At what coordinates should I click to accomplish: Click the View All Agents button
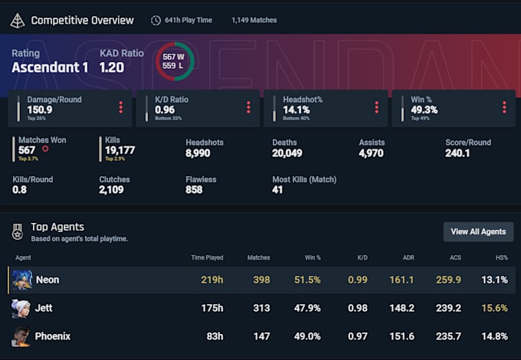(x=478, y=231)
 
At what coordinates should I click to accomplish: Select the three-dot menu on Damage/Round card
(x=120, y=107)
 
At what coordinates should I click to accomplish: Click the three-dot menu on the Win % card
(x=503, y=107)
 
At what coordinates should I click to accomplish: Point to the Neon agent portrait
(x=21, y=280)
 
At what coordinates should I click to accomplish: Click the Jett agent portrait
(x=21, y=308)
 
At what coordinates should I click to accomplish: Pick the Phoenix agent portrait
(x=21, y=336)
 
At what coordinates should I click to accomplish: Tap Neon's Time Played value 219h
(x=212, y=280)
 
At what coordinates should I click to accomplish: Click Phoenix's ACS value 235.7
(x=448, y=336)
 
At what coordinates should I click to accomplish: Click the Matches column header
(x=258, y=258)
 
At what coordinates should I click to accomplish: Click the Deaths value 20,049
(x=288, y=153)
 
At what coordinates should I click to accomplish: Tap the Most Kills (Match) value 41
(x=278, y=190)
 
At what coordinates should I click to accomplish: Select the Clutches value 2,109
(x=111, y=190)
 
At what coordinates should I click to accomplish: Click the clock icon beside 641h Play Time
(x=156, y=21)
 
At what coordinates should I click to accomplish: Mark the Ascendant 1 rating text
(x=50, y=67)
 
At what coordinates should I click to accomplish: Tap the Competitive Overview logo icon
(x=17, y=21)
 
